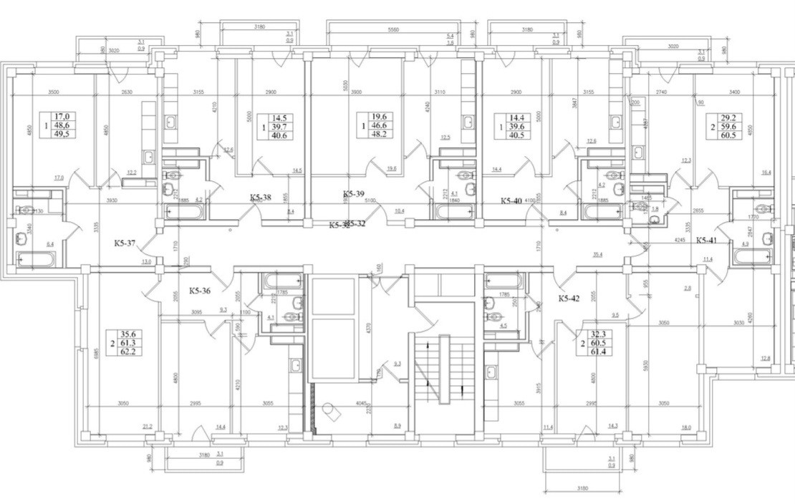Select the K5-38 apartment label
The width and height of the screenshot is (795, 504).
pos(260,198)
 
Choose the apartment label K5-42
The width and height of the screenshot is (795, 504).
pos(569,298)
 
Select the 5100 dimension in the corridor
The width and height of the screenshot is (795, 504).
pos(370,202)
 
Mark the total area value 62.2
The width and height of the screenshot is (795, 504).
pos(130,354)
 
